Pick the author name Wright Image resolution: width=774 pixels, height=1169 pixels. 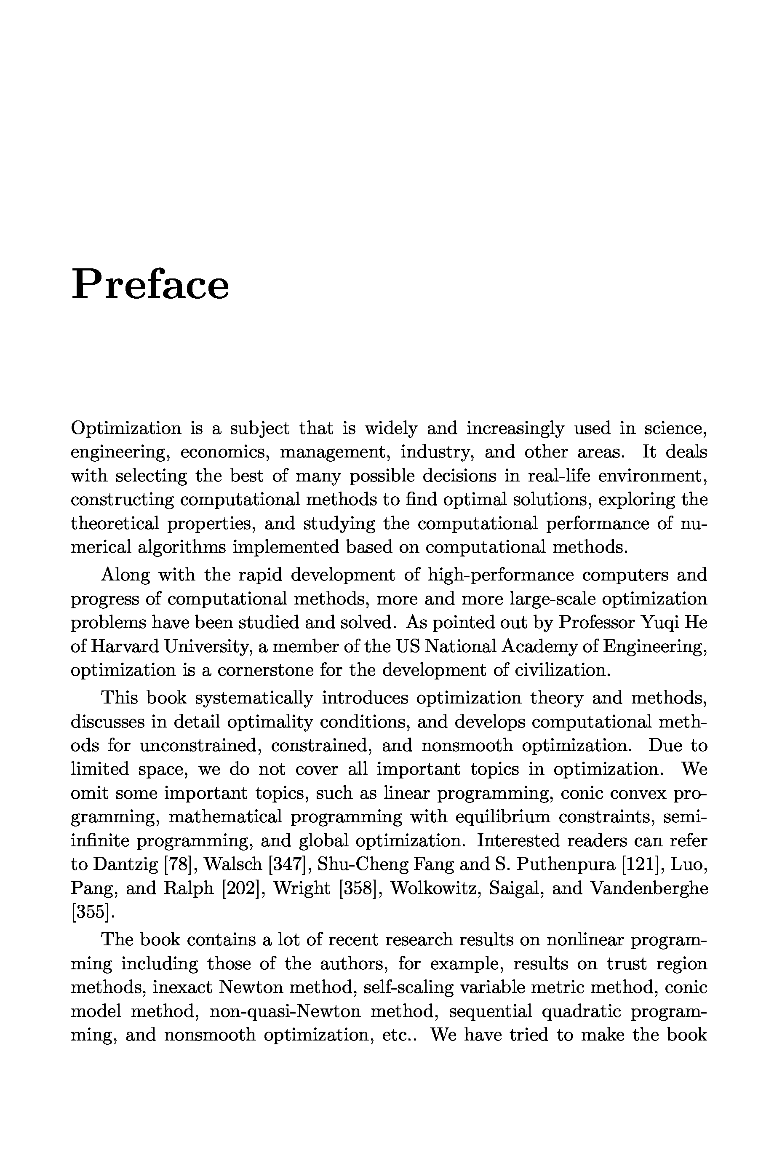point(302,888)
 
